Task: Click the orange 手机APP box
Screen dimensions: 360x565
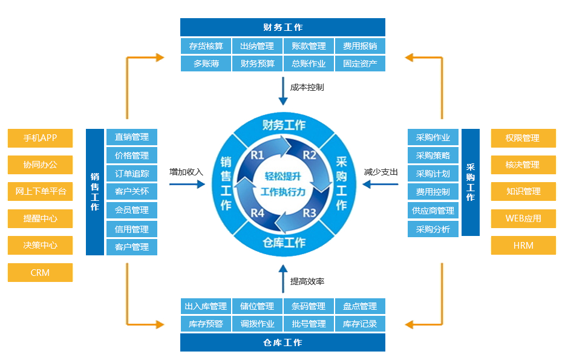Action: click(40, 138)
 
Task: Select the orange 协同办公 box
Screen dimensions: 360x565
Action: click(40, 165)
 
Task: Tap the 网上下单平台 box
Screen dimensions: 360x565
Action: click(40, 192)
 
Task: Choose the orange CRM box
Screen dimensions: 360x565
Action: click(40, 272)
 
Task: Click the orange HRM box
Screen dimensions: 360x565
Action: click(523, 246)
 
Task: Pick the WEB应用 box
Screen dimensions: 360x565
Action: click(523, 218)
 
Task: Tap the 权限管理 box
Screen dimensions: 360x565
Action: click(523, 138)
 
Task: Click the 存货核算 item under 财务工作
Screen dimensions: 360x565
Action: click(206, 46)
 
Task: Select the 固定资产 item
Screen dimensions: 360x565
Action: click(360, 63)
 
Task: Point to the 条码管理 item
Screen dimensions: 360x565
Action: click(309, 306)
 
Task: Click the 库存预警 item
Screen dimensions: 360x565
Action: click(206, 324)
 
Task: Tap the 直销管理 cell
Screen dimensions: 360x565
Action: click(131, 137)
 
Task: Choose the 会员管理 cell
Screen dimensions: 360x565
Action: click(131, 211)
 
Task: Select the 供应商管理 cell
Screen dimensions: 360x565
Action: click(433, 211)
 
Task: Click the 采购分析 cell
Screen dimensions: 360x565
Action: click(433, 229)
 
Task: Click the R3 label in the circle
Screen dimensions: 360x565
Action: click(309, 212)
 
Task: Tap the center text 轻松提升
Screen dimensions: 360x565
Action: click(283, 177)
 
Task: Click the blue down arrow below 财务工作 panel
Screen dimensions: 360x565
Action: click(282, 91)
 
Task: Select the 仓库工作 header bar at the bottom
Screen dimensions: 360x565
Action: click(282, 342)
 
